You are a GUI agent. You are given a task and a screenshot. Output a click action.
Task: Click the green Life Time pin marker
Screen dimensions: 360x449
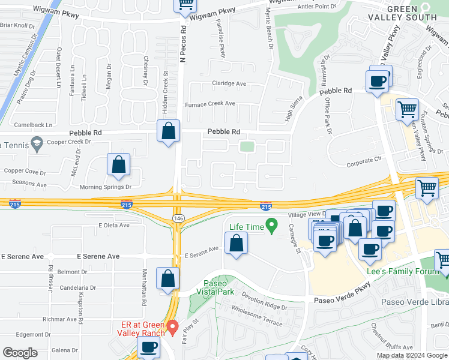click(x=271, y=226)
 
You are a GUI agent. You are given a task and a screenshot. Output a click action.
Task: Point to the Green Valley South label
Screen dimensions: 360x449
click(x=411, y=12)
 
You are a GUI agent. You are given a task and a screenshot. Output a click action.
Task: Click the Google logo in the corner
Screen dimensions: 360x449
click(x=20, y=353)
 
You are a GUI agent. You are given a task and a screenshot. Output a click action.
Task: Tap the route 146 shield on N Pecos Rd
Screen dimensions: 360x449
click(x=178, y=217)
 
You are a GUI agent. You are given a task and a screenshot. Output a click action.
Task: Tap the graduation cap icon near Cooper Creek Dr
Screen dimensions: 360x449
click(x=37, y=143)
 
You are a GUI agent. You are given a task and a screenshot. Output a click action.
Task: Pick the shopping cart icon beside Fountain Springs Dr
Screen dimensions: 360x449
click(x=408, y=110)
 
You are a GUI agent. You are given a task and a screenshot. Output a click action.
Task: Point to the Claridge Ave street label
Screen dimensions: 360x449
click(x=229, y=83)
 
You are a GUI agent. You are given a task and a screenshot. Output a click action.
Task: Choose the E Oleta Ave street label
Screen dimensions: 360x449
click(x=114, y=226)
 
